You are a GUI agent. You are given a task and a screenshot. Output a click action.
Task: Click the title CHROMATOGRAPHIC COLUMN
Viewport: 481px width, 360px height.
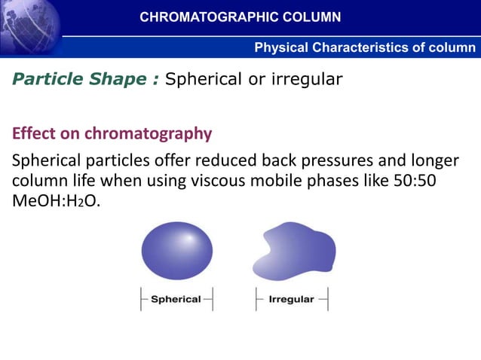click(240, 17)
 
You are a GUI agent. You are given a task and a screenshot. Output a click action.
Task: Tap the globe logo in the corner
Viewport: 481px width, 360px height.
click(30, 27)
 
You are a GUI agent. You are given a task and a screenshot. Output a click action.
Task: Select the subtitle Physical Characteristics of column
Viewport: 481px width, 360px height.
click(365, 48)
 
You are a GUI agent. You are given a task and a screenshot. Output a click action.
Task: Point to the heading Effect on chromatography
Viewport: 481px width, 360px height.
click(112, 134)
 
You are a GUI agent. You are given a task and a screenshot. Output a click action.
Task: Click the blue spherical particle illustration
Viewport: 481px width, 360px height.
click(177, 252)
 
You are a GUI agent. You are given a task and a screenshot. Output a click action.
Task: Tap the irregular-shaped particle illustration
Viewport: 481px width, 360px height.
click(294, 252)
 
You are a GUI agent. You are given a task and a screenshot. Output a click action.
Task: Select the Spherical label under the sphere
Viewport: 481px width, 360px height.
click(176, 299)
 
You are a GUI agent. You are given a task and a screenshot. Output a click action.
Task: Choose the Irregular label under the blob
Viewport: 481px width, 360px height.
click(291, 299)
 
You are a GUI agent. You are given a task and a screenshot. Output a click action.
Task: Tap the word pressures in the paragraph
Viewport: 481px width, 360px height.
click(344, 161)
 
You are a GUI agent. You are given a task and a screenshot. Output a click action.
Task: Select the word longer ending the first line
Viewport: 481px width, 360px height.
click(432, 161)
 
